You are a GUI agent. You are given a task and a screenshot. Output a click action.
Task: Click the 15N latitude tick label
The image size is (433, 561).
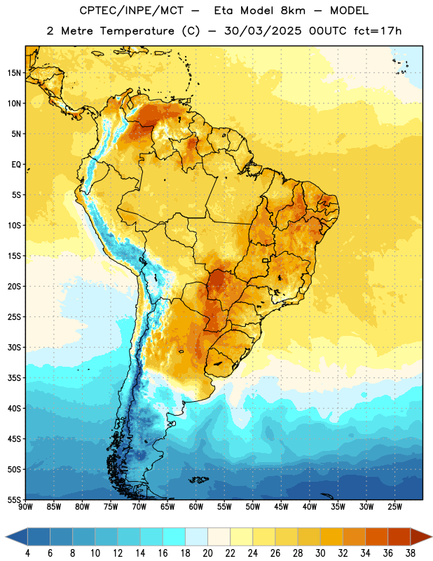tap(14, 73)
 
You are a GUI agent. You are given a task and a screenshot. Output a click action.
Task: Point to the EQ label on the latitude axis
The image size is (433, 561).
tap(16, 165)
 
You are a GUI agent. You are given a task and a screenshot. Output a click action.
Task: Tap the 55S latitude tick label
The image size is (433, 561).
tap(14, 499)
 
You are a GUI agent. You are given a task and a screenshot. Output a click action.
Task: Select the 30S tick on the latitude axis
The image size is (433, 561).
tap(14, 347)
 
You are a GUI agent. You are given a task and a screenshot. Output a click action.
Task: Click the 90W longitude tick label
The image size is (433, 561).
tap(25, 507)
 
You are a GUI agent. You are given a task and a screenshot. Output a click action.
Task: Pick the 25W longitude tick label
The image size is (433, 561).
tap(394, 507)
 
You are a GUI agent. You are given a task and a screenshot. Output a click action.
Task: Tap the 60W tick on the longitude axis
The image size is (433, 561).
tap(196, 507)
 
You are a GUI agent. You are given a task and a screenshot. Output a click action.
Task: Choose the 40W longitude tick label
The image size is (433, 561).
tap(310, 507)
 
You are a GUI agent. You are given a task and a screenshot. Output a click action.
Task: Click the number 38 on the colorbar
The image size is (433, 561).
tap(410, 553)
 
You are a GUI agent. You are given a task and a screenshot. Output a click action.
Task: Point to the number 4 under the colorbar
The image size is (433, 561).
tap(27, 553)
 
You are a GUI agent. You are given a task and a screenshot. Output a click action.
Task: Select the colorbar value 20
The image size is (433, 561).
tap(207, 553)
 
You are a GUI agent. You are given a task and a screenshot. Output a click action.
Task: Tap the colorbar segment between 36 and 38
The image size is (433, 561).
tap(399, 537)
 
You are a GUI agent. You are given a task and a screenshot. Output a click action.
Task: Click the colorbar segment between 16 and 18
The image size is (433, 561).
tap(174, 537)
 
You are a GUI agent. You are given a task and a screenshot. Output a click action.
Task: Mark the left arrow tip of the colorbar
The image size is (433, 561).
tap(6, 537)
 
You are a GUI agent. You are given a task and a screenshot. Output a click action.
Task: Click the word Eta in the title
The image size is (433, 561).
tap(224, 11)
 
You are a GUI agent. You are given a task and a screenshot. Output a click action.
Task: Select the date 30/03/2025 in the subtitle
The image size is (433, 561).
tap(263, 31)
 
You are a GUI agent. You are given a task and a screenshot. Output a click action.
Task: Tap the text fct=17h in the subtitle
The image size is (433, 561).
tap(378, 31)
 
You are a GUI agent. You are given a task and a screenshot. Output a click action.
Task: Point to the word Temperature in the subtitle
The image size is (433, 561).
tap(137, 31)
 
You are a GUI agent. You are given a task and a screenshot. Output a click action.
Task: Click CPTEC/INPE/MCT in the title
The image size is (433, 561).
tap(132, 11)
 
